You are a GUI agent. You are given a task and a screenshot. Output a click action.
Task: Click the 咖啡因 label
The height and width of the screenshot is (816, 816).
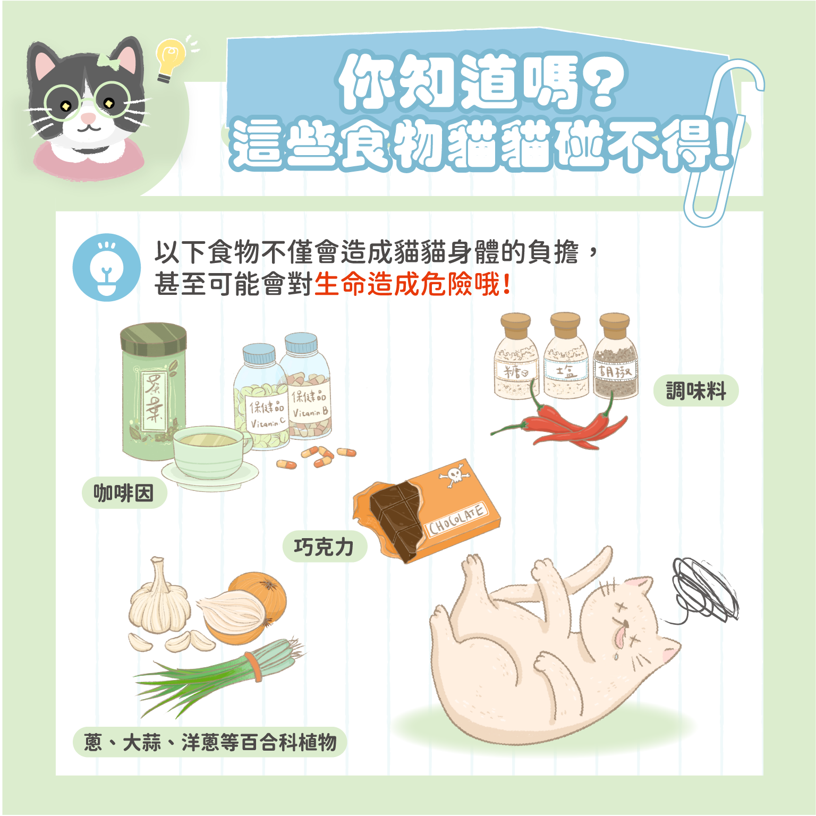pos(124,493)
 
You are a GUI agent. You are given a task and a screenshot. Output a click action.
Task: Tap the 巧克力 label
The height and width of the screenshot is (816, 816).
pos(324,547)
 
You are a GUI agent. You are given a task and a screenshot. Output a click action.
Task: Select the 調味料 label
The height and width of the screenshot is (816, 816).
pos(695,391)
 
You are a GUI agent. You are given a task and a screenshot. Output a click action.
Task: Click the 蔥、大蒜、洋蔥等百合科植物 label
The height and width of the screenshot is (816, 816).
pos(210,742)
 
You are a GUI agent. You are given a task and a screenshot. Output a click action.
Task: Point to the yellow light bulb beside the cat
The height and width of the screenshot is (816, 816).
pos(169,58)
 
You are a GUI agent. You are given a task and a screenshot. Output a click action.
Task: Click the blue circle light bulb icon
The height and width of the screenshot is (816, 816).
pos(107,268)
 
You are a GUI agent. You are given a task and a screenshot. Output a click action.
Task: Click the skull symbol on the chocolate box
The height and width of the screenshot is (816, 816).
pos(454,475)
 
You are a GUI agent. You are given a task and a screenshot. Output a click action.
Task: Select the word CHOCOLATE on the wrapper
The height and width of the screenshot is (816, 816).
pos(457,518)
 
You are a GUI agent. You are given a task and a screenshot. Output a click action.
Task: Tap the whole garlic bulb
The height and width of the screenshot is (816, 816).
pos(158,603)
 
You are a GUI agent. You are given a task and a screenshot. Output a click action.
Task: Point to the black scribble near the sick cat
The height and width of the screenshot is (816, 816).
pos(702,590)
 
